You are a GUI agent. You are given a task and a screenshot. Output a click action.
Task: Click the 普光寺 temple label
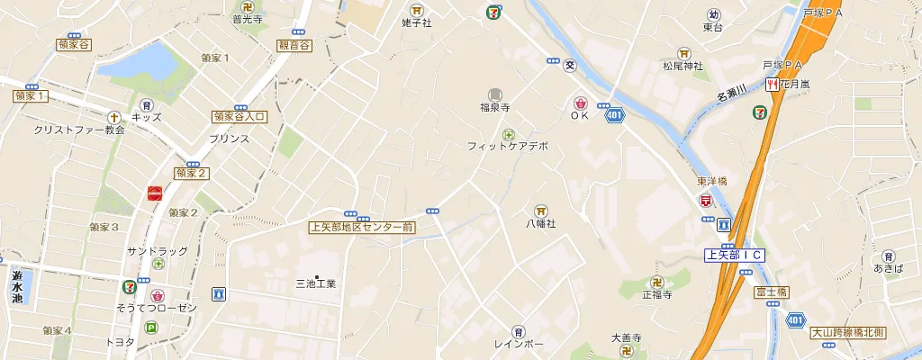[x=249, y=18]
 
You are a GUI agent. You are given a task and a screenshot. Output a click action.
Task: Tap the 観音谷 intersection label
[x=294, y=45]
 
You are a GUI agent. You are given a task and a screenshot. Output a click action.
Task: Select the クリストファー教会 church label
[x=78, y=130]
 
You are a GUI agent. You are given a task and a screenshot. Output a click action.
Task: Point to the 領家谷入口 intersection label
[x=240, y=116]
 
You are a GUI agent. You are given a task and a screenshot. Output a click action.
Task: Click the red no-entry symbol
[x=155, y=192]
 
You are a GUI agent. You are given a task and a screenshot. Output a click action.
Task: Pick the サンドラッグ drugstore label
[x=158, y=249]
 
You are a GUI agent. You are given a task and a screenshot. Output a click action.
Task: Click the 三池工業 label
[x=316, y=283]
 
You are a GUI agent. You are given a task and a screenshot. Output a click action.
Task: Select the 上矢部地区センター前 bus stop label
[x=361, y=228]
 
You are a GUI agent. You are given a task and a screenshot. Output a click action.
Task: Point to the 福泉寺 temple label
[x=494, y=107]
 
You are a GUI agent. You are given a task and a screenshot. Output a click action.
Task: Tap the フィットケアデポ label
[x=508, y=145]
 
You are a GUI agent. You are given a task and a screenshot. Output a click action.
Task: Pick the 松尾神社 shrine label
[x=682, y=66]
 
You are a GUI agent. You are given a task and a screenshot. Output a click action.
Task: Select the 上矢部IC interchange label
[x=734, y=256]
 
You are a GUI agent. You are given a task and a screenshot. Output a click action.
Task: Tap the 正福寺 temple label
[x=657, y=294]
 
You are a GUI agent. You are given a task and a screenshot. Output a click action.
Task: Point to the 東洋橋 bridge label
[x=711, y=181]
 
